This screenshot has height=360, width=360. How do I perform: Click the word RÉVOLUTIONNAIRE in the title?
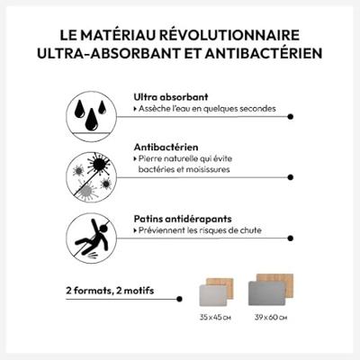(x=229, y=35)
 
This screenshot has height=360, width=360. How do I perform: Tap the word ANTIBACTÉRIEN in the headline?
(x=264, y=53)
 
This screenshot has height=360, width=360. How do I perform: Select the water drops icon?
(x=91, y=117)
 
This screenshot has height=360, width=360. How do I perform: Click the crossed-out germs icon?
(x=91, y=177)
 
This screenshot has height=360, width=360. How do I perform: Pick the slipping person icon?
(x=91, y=238)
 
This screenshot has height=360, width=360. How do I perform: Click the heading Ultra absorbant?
(x=171, y=97)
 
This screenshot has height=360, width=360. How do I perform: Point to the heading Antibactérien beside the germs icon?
(x=166, y=148)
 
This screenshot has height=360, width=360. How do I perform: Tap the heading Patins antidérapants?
(x=183, y=219)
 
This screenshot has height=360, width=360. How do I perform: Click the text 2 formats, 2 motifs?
(x=110, y=291)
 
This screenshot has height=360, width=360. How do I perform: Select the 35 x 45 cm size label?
(x=215, y=317)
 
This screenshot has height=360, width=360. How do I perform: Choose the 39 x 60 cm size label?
(x=271, y=317)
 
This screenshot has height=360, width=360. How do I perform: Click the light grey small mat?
(x=213, y=295)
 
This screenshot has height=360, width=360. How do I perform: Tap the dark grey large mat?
(x=266, y=293)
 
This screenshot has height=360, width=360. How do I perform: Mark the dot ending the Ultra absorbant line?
(x=290, y=117)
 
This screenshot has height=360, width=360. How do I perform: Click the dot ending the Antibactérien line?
(x=290, y=177)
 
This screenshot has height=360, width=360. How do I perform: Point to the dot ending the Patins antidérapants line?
(x=290, y=238)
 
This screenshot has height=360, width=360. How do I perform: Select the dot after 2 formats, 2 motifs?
(x=179, y=299)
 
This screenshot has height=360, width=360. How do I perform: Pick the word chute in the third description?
(x=251, y=230)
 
